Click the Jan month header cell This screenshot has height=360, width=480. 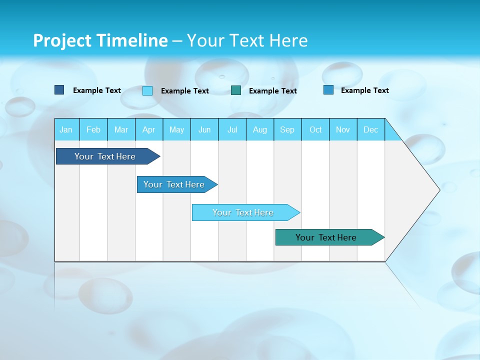pyautogui.click(x=66, y=129)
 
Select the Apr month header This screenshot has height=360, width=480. pyautogui.click(x=148, y=129)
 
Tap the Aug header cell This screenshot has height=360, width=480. pyautogui.click(x=259, y=129)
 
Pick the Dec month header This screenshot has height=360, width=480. pyautogui.click(x=370, y=129)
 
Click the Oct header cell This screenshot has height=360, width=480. pyautogui.click(x=315, y=129)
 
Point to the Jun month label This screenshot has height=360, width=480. pyautogui.click(x=204, y=129)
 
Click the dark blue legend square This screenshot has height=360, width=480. pyautogui.click(x=59, y=90)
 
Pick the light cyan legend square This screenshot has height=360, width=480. pyautogui.click(x=147, y=90)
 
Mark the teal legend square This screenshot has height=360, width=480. pyautogui.click(x=236, y=90)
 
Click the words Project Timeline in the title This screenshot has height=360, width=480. pyautogui.click(x=100, y=40)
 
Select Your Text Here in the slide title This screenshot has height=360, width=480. pyautogui.click(x=247, y=40)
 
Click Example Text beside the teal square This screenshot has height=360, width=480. pyautogui.click(x=272, y=91)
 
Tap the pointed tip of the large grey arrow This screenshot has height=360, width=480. pyautogui.click(x=438, y=190)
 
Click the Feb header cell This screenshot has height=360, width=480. pyautogui.click(x=93, y=129)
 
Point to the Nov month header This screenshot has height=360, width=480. pyautogui.click(x=342, y=129)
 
